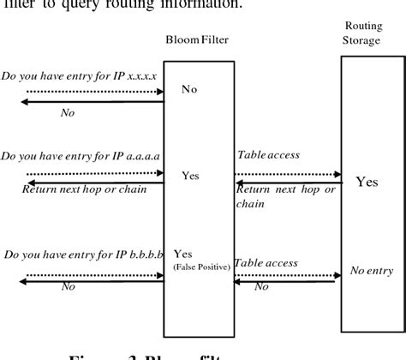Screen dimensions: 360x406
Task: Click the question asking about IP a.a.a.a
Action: tap(81, 157)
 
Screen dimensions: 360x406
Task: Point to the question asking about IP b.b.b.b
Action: tap(82, 254)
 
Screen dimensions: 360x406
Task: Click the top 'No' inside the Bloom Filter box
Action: tap(190, 87)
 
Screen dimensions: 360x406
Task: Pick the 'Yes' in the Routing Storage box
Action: tap(367, 182)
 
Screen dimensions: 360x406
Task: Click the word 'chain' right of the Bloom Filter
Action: tap(249, 205)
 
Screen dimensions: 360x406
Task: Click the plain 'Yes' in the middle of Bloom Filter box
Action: tap(190, 176)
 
